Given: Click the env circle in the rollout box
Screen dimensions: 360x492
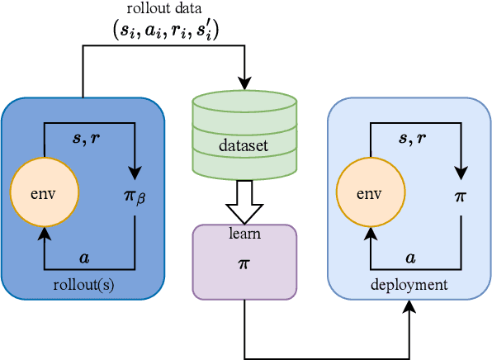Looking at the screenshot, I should point(44,193).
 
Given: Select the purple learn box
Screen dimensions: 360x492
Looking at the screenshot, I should point(244,261).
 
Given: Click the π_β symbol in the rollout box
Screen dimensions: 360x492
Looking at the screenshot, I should point(134,197).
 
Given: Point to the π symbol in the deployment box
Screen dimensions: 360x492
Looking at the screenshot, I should point(461,197).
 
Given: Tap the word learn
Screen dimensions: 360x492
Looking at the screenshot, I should point(244,234).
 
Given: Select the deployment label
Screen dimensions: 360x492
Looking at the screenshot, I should point(409,285).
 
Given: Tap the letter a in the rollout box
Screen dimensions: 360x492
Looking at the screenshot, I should point(83,258).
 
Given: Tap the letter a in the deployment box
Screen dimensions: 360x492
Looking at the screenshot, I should point(410,258).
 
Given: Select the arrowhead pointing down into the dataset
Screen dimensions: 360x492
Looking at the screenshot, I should point(244,84).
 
